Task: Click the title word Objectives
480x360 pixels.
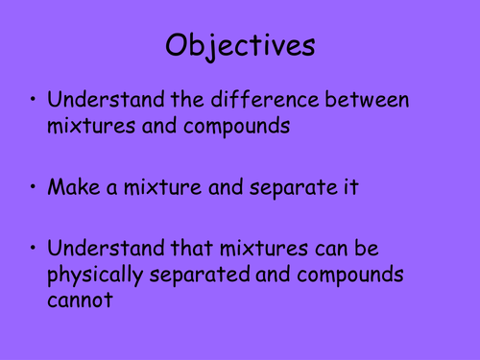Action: pyautogui.click(x=239, y=46)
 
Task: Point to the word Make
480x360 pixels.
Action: pyautogui.click(x=69, y=186)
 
